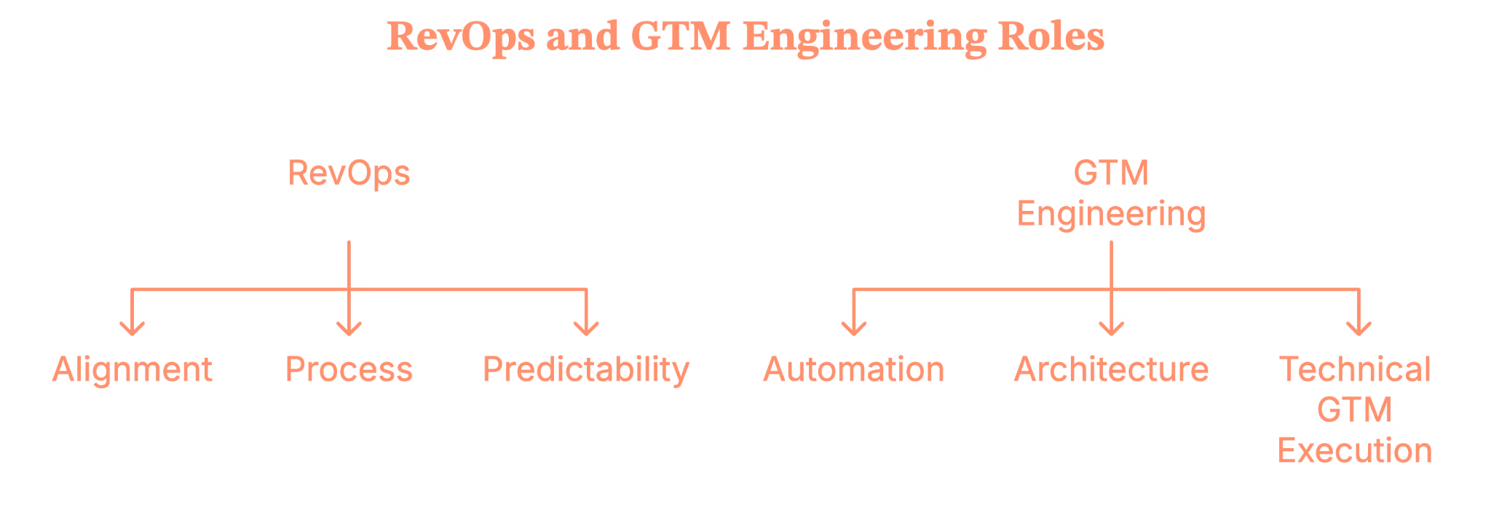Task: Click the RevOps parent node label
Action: click(349, 174)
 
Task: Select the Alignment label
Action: click(133, 370)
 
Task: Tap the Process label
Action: click(349, 370)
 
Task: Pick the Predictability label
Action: click(586, 370)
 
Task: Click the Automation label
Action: click(853, 370)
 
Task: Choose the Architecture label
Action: click(1111, 370)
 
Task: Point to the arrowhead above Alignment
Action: click(132, 330)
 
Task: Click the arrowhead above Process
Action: click(349, 330)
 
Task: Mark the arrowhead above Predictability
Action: click(585, 330)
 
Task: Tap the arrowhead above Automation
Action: click(853, 330)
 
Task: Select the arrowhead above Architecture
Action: click(1110, 330)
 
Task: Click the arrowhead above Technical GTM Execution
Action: click(1355, 330)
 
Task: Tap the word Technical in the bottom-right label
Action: click(1355, 370)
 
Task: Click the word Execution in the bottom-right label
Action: click(1355, 452)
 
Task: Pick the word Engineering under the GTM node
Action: click(1111, 215)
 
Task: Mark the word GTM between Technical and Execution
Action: click(1355, 411)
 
